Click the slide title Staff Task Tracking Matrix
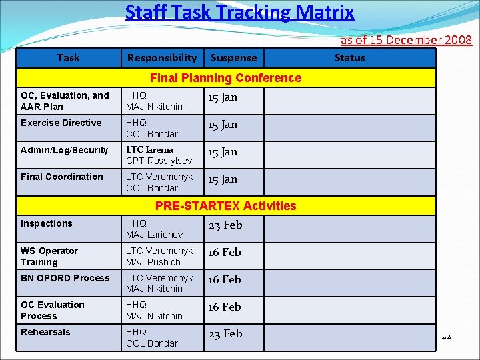(239, 13)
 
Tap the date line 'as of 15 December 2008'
(406, 40)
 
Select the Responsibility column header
(162, 58)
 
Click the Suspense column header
(233, 58)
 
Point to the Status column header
(349, 58)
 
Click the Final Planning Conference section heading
(225, 78)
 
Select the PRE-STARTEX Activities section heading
(225, 206)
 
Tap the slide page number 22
(446, 336)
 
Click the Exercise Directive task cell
(61, 123)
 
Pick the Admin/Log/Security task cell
(64, 150)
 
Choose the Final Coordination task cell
(62, 177)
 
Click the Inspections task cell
(47, 223)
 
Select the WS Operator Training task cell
(49, 256)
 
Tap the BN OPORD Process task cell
(65, 278)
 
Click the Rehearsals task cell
(45, 332)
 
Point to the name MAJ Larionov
(154, 235)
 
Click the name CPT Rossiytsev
(159, 161)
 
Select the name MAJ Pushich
(153, 262)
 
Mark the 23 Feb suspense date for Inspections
(225, 225)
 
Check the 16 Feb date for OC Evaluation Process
(225, 307)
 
